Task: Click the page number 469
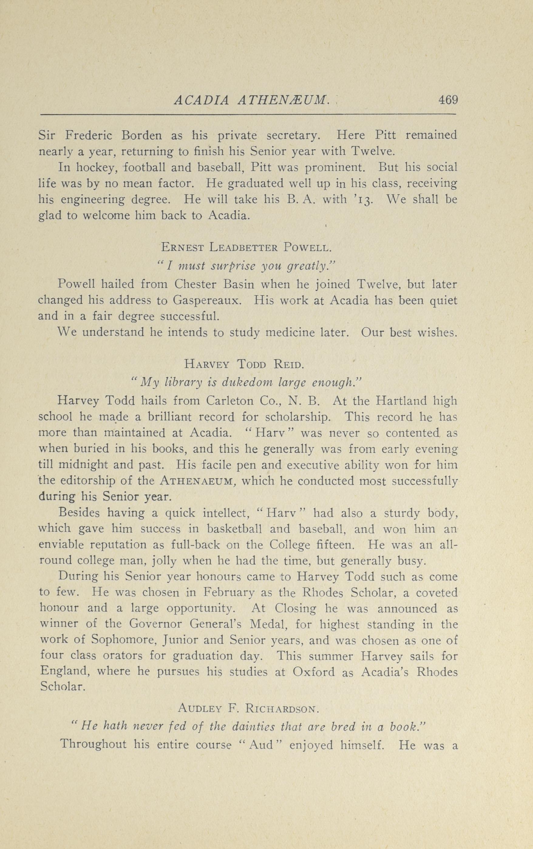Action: click(448, 100)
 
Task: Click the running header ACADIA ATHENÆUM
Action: click(252, 101)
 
